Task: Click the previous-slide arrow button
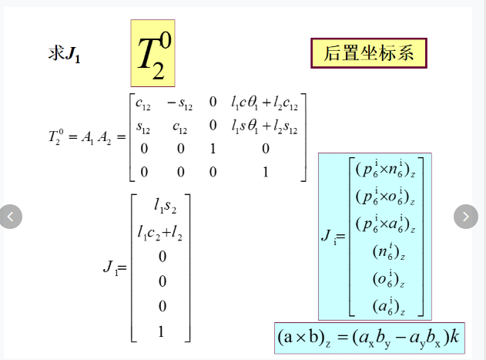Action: (x=11, y=217)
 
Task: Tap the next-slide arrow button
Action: (x=465, y=217)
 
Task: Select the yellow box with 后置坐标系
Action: (x=369, y=53)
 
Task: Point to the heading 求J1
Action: (x=64, y=53)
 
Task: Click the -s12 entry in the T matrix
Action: (x=179, y=103)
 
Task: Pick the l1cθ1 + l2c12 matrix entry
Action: (x=264, y=103)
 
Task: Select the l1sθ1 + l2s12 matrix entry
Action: (x=264, y=126)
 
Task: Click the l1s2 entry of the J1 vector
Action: (x=165, y=206)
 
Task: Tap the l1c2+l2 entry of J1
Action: (x=160, y=233)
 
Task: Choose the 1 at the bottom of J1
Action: (x=161, y=331)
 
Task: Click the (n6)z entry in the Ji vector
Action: (x=389, y=251)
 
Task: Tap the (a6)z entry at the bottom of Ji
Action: (x=389, y=306)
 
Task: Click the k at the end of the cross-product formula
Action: (x=454, y=336)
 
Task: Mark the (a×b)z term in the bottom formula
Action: (x=304, y=338)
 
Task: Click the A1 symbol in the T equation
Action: (x=87, y=137)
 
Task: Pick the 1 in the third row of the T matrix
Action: (x=213, y=149)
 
